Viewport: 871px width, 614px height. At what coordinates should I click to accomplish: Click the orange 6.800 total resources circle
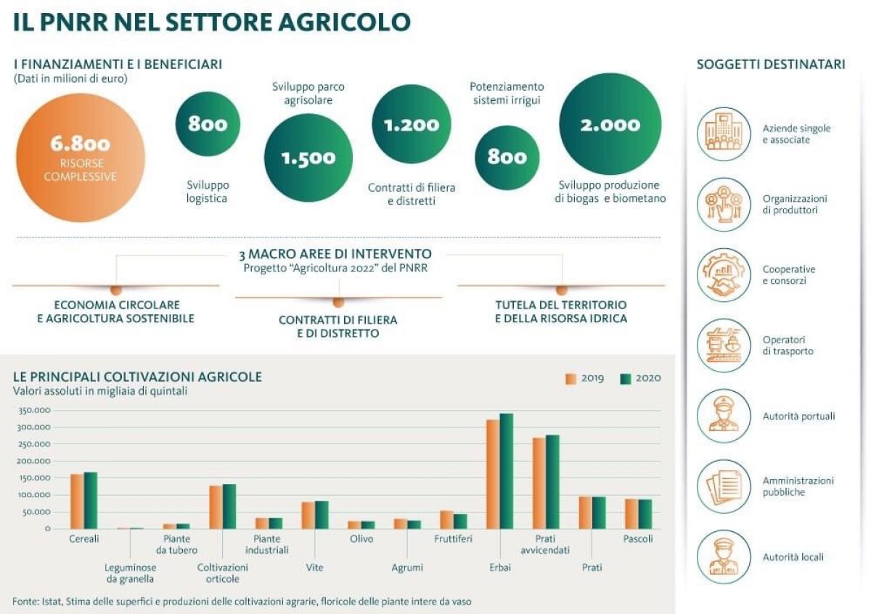click(x=81, y=157)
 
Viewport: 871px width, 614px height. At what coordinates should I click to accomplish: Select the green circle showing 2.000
click(x=610, y=124)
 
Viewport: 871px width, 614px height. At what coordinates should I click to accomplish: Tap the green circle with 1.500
click(x=308, y=157)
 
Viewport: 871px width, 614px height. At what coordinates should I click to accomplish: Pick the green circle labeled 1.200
click(x=412, y=124)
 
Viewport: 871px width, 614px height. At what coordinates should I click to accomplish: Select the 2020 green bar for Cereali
click(x=91, y=500)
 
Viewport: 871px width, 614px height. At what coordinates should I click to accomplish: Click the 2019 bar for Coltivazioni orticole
click(x=216, y=507)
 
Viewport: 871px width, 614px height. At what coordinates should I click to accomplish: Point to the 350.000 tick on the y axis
click(x=33, y=410)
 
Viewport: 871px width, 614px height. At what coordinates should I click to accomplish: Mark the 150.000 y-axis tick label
click(x=33, y=478)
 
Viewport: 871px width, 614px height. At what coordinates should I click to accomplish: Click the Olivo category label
click(x=361, y=539)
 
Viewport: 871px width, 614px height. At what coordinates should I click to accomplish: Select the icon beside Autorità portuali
click(x=723, y=416)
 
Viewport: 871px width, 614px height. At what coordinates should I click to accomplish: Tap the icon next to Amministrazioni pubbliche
click(x=723, y=486)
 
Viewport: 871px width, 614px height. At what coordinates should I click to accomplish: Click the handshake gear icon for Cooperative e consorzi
click(x=723, y=274)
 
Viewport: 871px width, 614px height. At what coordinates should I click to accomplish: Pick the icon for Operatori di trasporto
click(x=723, y=345)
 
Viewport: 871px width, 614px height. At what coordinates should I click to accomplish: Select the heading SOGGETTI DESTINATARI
click(x=771, y=65)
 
